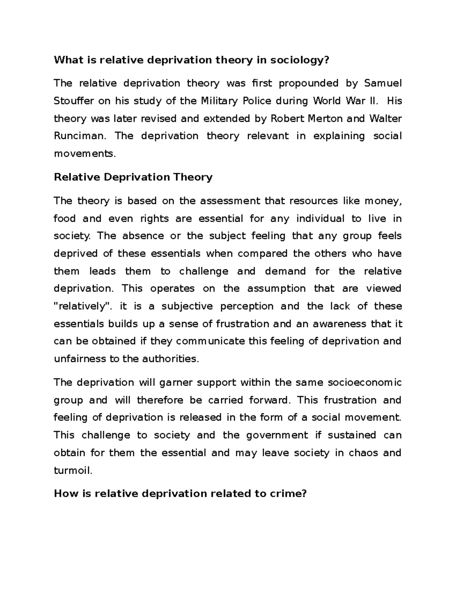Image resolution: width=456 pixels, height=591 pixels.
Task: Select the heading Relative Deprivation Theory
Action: pos(133,177)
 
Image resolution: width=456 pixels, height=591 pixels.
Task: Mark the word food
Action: pos(65,219)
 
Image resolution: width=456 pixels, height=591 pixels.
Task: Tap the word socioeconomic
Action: pos(364,382)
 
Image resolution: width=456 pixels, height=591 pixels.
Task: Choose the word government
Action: pos(277,435)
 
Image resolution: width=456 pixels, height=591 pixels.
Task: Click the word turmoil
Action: pos(73,471)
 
